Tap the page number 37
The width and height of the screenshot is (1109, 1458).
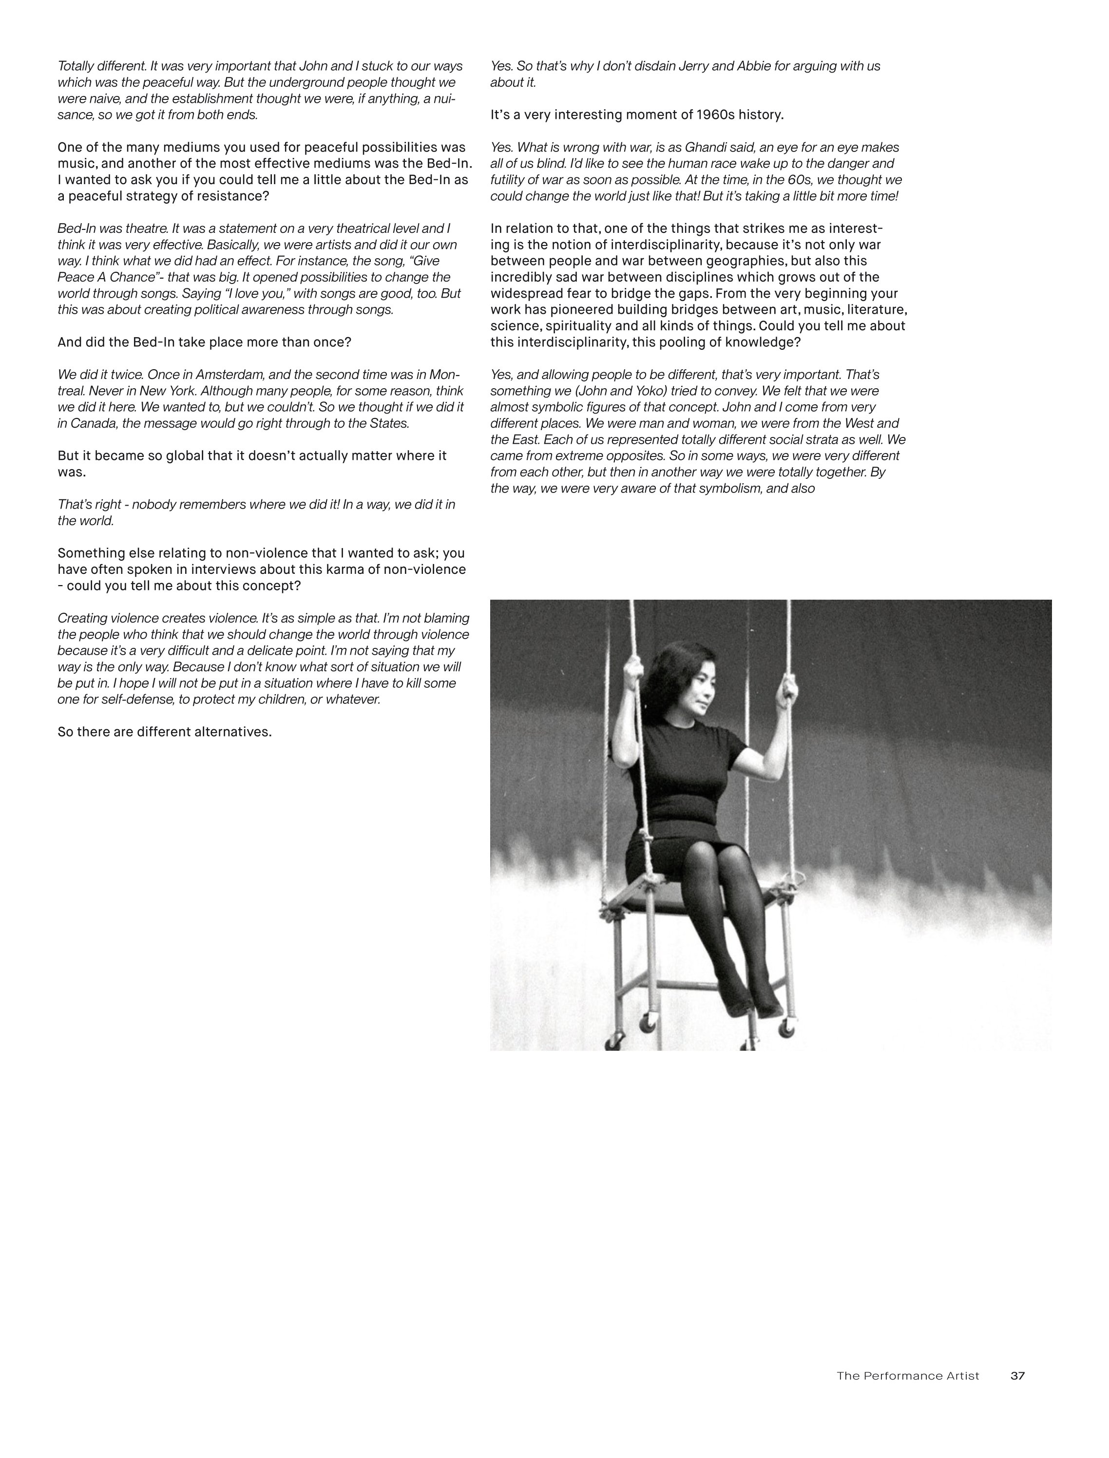tap(1017, 1376)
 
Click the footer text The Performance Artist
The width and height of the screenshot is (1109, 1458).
tap(908, 1376)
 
